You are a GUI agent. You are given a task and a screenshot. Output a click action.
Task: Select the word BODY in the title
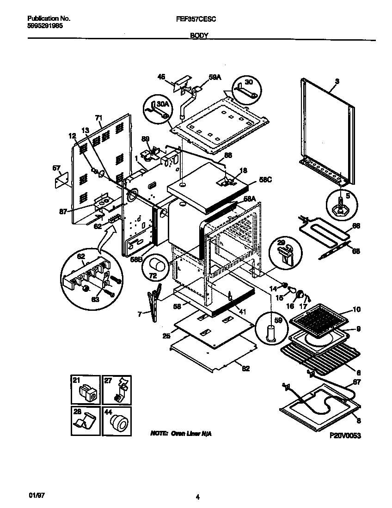pyautogui.click(x=199, y=35)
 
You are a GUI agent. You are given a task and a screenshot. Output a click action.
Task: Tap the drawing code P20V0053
pyautogui.click(x=345, y=435)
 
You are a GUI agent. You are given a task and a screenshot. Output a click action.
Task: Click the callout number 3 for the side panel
pyautogui.click(x=337, y=81)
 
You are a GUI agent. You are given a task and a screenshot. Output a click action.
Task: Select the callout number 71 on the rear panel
pyautogui.click(x=98, y=118)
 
